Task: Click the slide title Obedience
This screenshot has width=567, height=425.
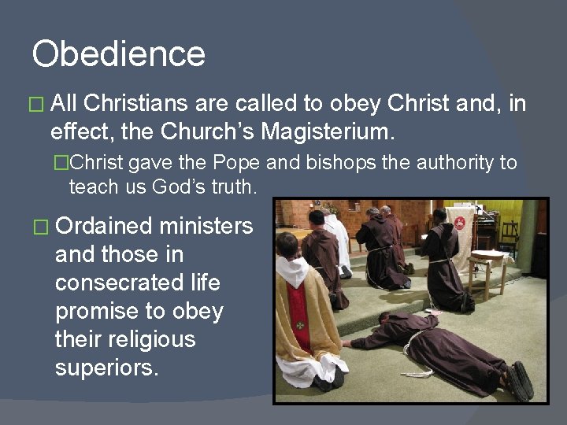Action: tap(118, 54)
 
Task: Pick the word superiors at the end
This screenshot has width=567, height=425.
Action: tap(106, 368)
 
